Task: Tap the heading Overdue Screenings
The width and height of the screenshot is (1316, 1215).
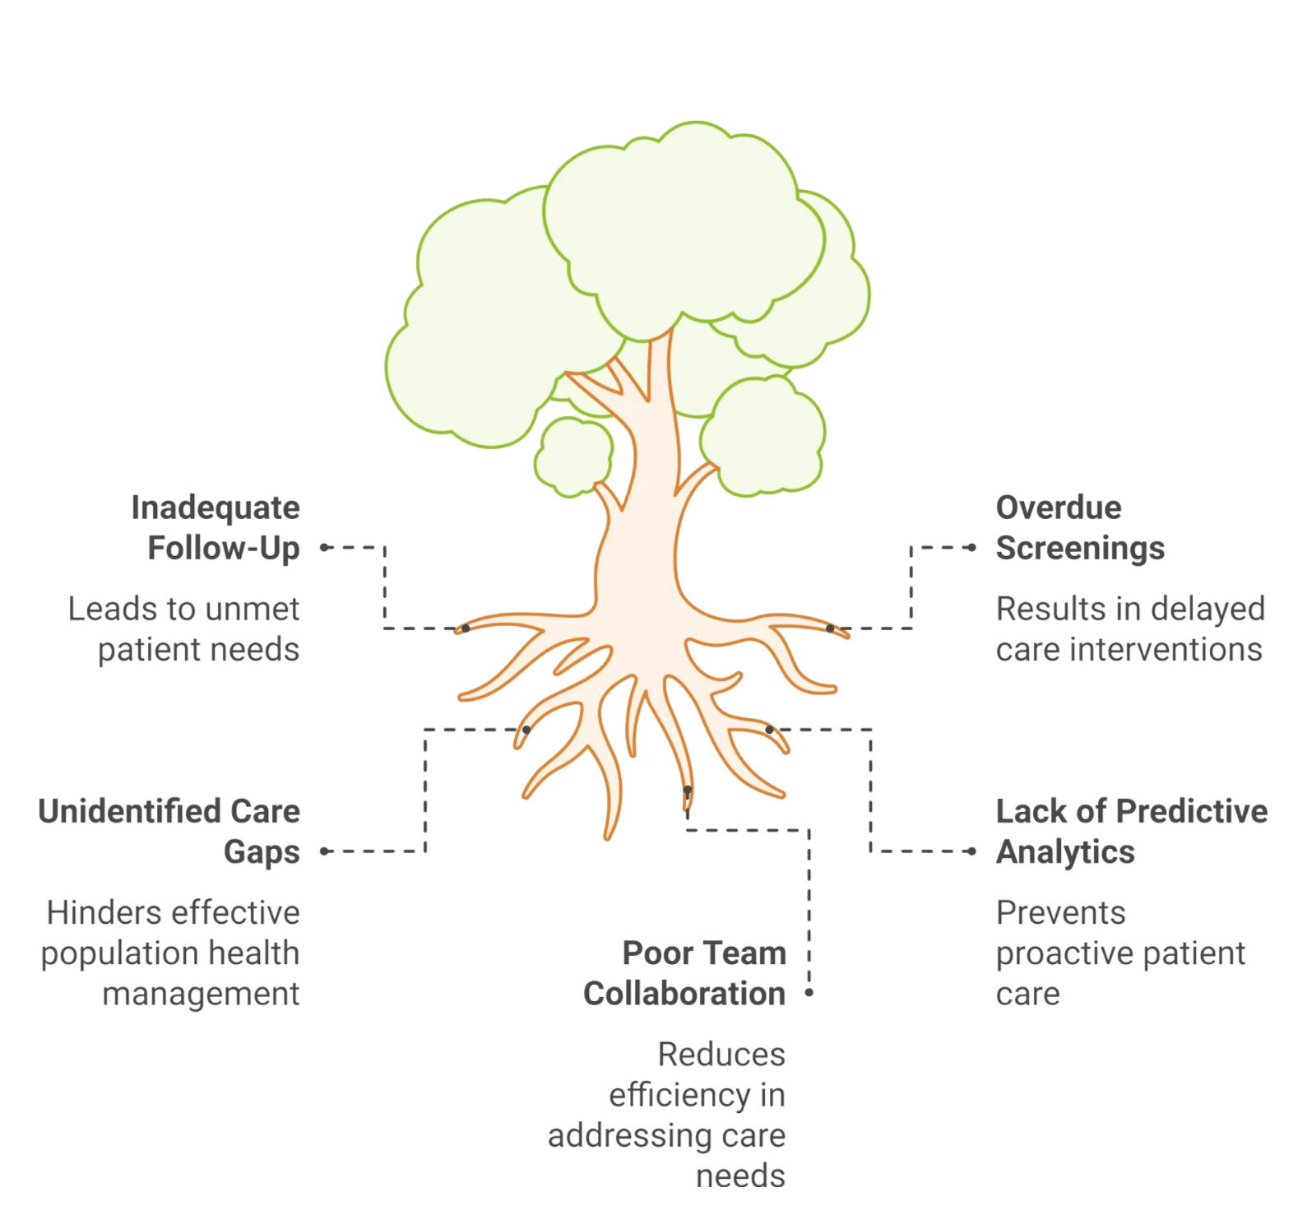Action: click(1080, 528)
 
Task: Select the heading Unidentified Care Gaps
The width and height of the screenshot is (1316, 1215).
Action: click(169, 832)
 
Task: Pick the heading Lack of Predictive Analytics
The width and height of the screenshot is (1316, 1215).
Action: click(1132, 832)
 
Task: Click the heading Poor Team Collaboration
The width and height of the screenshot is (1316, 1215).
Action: click(684, 973)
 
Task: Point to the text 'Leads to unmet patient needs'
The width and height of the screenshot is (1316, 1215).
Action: click(183, 629)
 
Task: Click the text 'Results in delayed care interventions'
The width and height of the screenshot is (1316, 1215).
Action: click(1130, 629)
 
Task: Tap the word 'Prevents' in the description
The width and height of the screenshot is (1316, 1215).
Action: click(1060, 912)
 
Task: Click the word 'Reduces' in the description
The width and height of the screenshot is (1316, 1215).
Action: click(721, 1054)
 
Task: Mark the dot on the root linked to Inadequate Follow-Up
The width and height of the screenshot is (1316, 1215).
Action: click(466, 628)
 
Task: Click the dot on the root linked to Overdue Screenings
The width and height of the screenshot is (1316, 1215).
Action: click(830, 628)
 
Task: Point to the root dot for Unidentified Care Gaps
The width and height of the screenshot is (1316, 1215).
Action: click(526, 730)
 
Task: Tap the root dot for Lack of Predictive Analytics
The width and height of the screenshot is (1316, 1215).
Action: click(769, 730)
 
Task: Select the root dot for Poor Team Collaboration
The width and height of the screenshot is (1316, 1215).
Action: click(688, 791)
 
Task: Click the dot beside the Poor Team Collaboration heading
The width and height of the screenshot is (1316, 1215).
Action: click(809, 993)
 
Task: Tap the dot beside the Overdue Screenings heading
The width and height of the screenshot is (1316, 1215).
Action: click(972, 547)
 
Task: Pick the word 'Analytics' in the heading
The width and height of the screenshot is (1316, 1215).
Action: click(1065, 852)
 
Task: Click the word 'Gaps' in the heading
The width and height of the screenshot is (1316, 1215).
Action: click(262, 852)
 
